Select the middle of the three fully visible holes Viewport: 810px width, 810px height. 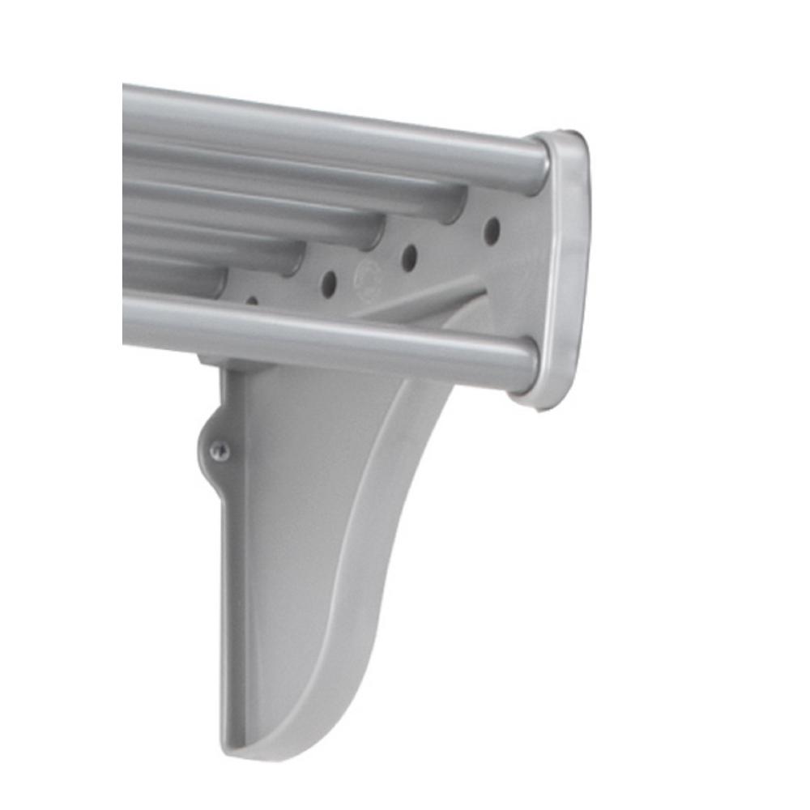coord(410,258)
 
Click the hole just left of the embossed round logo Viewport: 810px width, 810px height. coord(329,283)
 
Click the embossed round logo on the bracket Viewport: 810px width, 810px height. coord(369,275)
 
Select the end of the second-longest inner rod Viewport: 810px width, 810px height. coord(373,233)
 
